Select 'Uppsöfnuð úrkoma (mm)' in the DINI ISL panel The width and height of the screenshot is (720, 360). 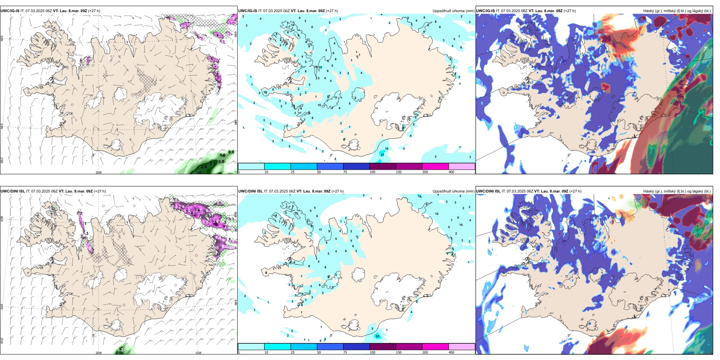pos(453,191)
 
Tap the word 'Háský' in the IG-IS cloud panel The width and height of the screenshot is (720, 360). pos(649,11)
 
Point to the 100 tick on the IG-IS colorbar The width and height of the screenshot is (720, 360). pos(372,172)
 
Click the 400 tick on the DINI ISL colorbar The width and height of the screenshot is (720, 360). pos(451,352)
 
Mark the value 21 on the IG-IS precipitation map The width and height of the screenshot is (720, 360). pos(382,155)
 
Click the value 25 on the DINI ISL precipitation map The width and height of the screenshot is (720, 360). pos(377,336)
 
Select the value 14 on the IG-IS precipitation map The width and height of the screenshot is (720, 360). pos(387,149)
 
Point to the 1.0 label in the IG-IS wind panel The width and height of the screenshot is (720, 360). pos(222,155)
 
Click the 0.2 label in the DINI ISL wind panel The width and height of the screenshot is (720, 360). pos(120,350)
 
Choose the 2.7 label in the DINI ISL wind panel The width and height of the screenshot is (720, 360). pos(198,210)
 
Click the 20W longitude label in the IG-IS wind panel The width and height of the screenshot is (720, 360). pos(99,172)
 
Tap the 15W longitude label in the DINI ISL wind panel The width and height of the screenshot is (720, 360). pos(198,353)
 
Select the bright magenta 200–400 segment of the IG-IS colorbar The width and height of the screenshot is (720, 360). pos(435,166)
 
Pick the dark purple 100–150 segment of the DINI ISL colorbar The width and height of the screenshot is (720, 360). pos(382,347)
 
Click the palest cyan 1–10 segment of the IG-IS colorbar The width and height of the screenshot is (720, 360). pos(251,166)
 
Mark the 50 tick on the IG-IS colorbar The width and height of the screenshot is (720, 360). pos(319,172)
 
